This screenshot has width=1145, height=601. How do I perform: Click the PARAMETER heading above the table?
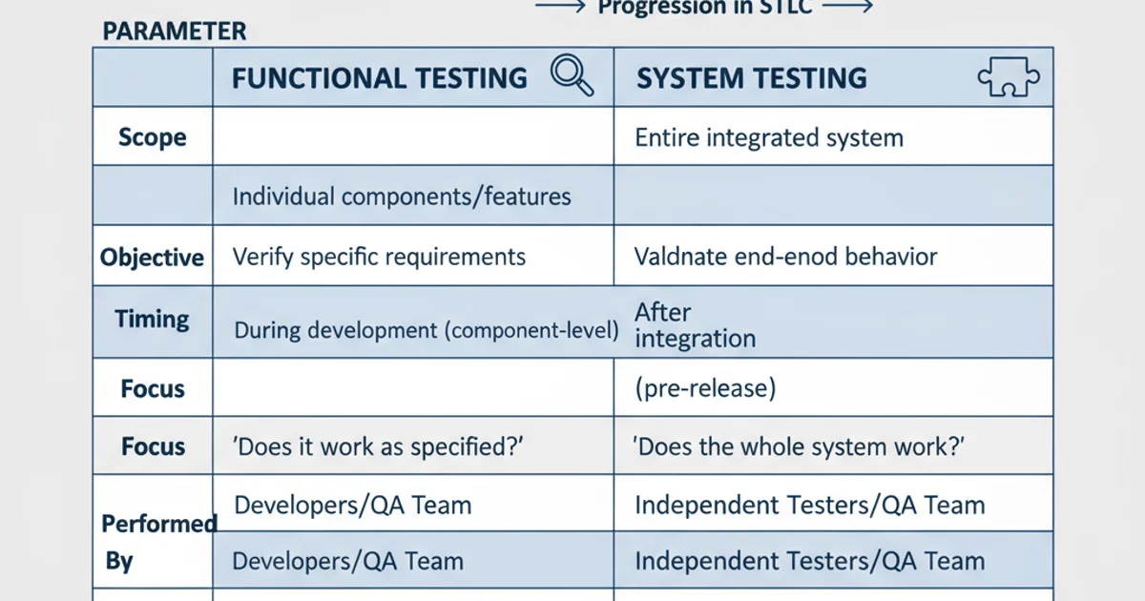[x=174, y=31]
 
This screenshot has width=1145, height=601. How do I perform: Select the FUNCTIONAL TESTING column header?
[x=379, y=78]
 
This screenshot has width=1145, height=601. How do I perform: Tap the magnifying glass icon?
[x=572, y=75]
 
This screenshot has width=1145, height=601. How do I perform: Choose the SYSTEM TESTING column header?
[x=752, y=78]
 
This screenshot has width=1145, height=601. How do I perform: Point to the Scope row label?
[x=152, y=137]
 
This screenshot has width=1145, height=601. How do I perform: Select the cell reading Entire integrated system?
[x=769, y=137]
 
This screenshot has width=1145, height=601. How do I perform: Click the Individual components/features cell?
[x=402, y=197]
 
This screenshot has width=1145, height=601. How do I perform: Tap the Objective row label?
[x=153, y=258]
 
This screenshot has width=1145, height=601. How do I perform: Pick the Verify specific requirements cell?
[x=379, y=257]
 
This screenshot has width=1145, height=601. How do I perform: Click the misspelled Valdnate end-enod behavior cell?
[x=785, y=257]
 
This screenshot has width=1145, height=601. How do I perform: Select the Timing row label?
[x=153, y=319]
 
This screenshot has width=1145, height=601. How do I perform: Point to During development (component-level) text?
[x=426, y=331]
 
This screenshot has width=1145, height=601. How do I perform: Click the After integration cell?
[x=695, y=325]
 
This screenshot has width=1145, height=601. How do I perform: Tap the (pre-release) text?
[x=705, y=389]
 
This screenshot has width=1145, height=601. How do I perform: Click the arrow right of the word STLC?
[x=847, y=7]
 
